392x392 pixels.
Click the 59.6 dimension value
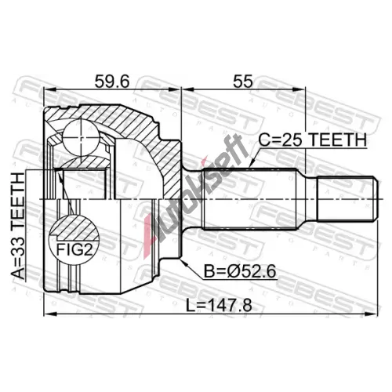click(112, 82)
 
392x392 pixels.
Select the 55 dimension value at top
click(243, 82)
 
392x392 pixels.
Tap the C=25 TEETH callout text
click(313, 140)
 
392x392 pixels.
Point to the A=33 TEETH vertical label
click(18, 227)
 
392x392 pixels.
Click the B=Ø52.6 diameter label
click(240, 271)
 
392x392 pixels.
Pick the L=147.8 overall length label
click(219, 306)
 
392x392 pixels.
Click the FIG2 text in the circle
click(74, 250)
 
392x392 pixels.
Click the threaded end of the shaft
click(347, 199)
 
